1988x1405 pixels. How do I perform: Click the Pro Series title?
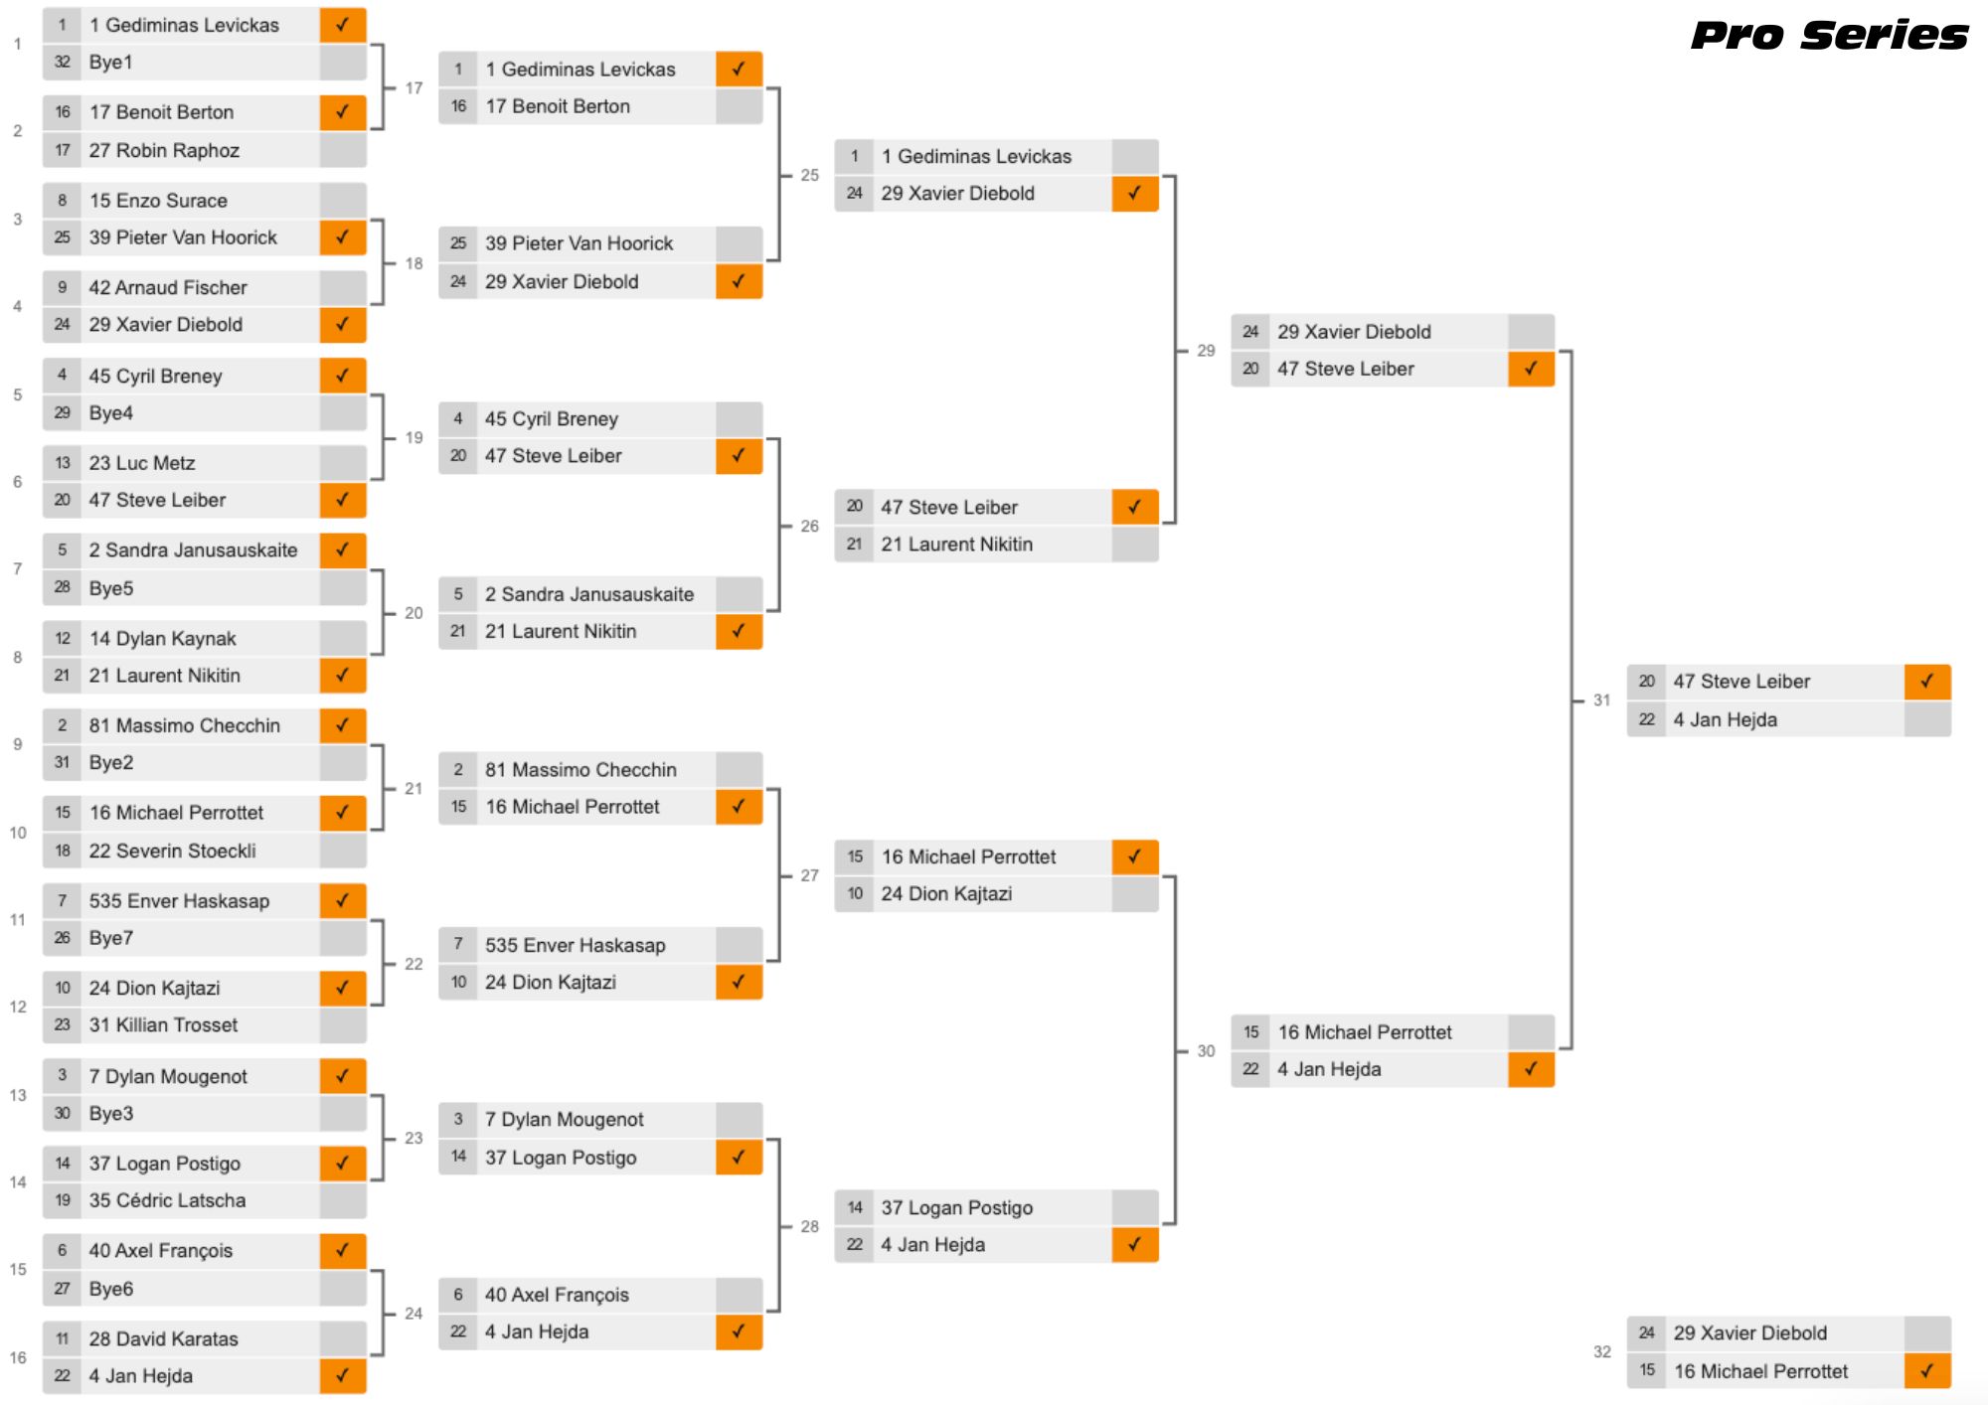point(1829,35)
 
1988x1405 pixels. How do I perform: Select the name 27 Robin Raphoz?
point(164,150)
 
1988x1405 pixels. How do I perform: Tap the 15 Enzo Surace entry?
point(158,200)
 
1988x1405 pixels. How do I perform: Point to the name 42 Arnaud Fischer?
point(168,287)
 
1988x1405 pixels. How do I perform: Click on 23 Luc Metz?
point(142,462)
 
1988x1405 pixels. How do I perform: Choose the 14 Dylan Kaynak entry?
point(162,638)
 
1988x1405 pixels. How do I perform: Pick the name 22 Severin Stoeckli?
point(172,851)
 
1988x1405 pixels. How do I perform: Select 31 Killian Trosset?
point(163,1024)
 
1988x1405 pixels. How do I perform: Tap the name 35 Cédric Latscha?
point(167,1200)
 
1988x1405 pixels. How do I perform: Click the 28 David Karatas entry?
point(163,1338)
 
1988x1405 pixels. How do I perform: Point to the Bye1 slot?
point(110,62)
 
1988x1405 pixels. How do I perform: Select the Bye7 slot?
point(110,938)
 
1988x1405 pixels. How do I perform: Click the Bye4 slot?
point(110,412)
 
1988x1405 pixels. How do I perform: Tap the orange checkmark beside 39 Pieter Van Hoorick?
point(343,237)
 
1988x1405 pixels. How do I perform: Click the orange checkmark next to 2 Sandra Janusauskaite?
point(343,549)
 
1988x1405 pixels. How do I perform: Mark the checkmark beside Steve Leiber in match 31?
point(1927,682)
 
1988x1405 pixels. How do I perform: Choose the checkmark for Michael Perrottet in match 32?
point(1927,1371)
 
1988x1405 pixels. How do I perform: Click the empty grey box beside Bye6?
point(343,1289)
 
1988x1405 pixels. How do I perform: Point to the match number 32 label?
point(1602,1351)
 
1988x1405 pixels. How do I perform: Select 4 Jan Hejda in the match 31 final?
point(1725,719)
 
